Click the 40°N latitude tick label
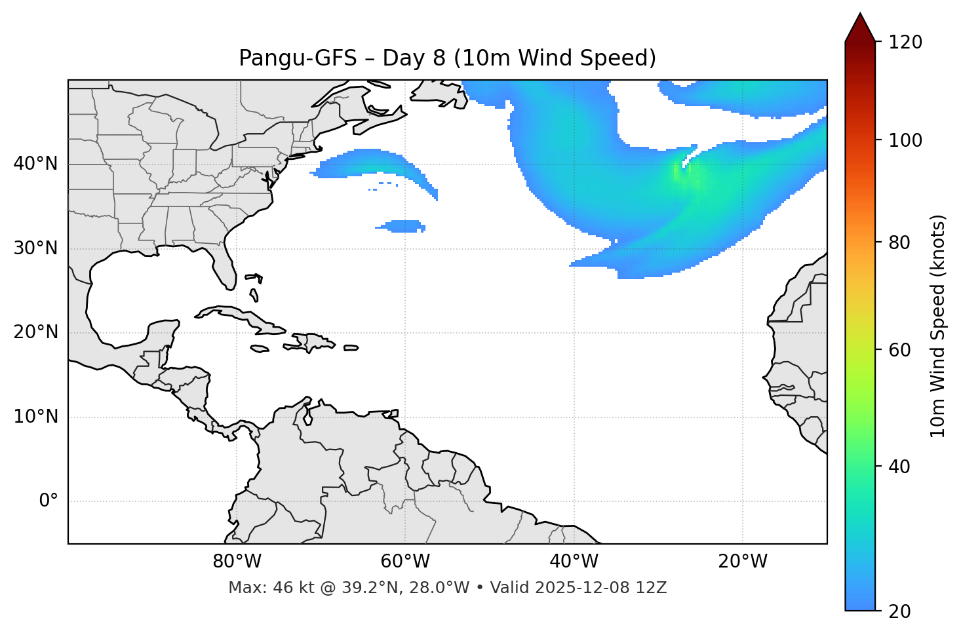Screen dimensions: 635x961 [x=35, y=164]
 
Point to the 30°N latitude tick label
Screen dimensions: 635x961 [x=35, y=248]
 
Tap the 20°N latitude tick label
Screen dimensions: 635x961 [x=35, y=332]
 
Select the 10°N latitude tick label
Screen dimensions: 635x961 [x=35, y=417]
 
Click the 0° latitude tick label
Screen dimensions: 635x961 [x=49, y=501]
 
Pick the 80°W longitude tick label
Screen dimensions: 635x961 [x=237, y=562]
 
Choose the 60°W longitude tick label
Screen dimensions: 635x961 [x=405, y=562]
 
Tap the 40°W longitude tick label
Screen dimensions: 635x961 [x=574, y=562]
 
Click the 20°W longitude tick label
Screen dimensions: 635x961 [x=742, y=562]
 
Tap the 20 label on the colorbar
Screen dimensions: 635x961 [x=899, y=611]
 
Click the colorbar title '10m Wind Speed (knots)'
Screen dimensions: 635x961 [x=938, y=326]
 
